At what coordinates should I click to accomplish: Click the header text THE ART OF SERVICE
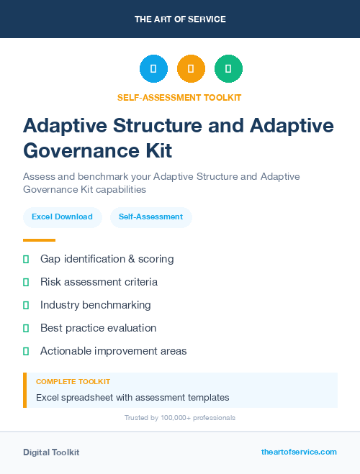tap(180, 19)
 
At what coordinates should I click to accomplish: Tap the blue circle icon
tap(153, 69)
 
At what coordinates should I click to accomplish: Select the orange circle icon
tap(191, 69)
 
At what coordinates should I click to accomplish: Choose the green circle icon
tap(228, 69)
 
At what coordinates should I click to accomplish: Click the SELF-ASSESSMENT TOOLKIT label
tap(180, 98)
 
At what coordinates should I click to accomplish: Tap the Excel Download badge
tap(62, 217)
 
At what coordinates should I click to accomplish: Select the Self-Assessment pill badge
tap(150, 217)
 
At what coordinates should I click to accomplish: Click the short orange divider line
tap(39, 240)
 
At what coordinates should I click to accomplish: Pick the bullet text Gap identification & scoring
tap(107, 259)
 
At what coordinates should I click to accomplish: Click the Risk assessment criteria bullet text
tap(99, 282)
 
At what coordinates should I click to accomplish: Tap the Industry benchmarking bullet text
tap(96, 305)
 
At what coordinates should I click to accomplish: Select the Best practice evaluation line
tap(98, 328)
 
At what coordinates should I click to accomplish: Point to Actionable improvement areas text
tap(113, 351)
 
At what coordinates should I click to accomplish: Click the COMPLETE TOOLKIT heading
tap(73, 382)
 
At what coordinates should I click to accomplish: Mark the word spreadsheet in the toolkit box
tap(89, 397)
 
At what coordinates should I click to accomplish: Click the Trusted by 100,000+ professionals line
tap(180, 418)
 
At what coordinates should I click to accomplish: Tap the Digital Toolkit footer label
tap(51, 452)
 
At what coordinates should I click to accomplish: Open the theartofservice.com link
tap(299, 452)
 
